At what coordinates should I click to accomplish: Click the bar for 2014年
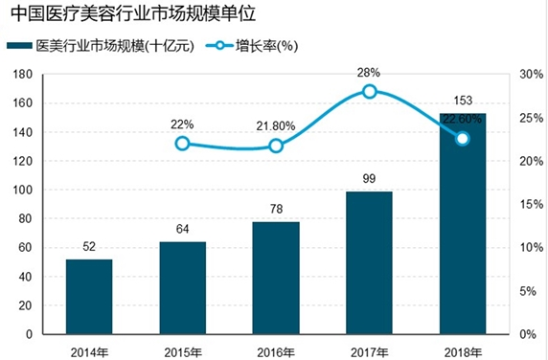(x=89, y=297)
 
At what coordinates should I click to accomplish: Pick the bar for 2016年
(x=276, y=278)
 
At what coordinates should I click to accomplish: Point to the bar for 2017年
(x=369, y=262)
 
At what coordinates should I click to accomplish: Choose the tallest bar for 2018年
(x=462, y=230)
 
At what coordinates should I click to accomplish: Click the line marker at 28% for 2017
(x=369, y=91)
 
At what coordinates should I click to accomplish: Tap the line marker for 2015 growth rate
(x=182, y=144)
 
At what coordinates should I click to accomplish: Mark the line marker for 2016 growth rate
(x=276, y=146)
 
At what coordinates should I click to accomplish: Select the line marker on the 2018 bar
(x=462, y=138)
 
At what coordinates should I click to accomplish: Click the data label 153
(x=462, y=101)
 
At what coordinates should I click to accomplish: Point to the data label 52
(x=89, y=247)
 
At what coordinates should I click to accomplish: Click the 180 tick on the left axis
(x=22, y=74)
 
